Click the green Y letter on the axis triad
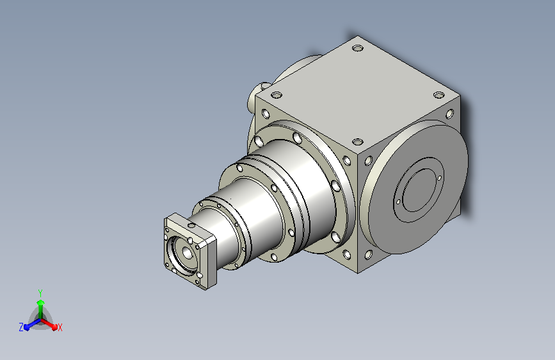click(x=40, y=293)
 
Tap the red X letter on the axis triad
click(x=60, y=327)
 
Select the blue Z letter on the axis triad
click(x=21, y=327)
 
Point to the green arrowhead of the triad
click(x=41, y=302)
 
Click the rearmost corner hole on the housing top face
click(x=358, y=48)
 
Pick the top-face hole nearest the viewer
click(x=358, y=142)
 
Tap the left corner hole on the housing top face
click(x=277, y=95)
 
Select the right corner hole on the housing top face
click(x=439, y=95)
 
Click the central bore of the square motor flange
click(x=186, y=252)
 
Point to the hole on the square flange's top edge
click(x=191, y=225)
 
